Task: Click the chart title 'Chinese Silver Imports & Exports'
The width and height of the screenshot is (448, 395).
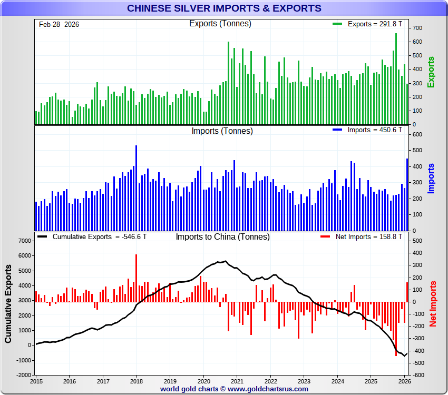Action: tap(224, 8)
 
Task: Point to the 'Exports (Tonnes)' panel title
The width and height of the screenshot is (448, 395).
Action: tap(220, 24)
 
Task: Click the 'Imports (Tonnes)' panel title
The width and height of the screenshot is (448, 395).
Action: tap(222, 131)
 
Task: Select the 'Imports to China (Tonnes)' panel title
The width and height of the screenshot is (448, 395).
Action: tap(222, 237)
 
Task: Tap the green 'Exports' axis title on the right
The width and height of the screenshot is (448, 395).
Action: tap(431, 72)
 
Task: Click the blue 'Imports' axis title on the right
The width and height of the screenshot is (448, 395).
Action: tap(431, 178)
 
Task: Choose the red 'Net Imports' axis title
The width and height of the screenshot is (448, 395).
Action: tap(433, 303)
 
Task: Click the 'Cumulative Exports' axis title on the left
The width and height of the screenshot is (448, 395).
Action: tap(8, 304)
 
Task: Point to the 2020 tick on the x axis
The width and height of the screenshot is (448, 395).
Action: tap(203, 381)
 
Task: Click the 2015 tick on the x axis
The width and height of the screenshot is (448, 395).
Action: tap(36, 381)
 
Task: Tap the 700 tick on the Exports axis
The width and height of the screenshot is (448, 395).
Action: tap(417, 28)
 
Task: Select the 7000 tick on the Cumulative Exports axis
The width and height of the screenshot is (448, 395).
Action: tap(24, 241)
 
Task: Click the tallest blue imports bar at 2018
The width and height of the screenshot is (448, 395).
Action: tap(136, 187)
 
